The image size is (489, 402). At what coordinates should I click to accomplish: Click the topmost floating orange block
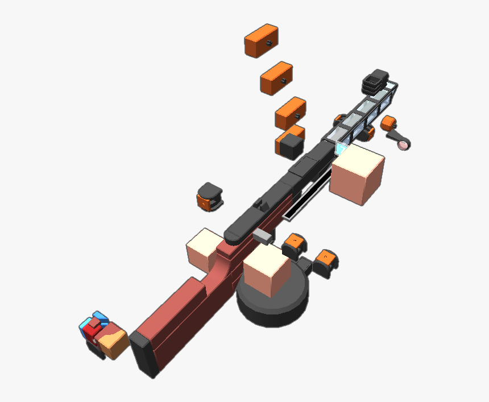pos(261,41)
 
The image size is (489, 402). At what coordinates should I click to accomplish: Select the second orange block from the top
pos(276,78)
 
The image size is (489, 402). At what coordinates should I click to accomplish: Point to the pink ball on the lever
pos(404,146)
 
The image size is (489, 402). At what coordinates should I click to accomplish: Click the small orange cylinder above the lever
pos(388,123)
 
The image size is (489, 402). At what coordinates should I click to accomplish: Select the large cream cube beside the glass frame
pos(358,173)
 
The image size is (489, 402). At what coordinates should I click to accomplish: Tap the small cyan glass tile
pos(342,149)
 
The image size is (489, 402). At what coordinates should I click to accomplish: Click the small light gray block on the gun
pos(263,234)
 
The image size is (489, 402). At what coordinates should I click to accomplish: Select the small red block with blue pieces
pos(92,328)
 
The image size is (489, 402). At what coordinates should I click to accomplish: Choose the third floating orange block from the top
pos(291,113)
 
